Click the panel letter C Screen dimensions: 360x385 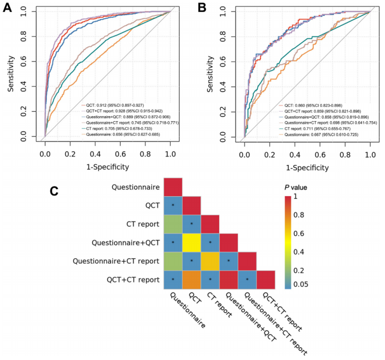point(55,191)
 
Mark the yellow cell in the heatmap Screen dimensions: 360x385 point(191,242)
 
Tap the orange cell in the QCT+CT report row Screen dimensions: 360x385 point(191,279)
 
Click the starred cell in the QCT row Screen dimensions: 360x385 point(172,205)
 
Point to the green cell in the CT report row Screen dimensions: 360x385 point(172,224)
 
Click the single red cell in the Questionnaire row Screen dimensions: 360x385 point(172,187)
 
